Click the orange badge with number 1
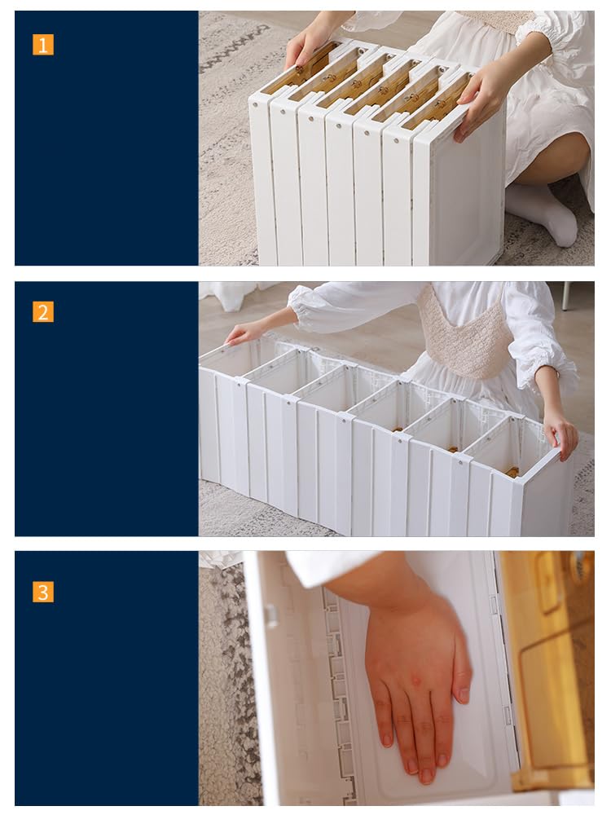point(42,45)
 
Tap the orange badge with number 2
point(42,312)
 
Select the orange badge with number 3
point(42,592)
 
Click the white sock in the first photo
point(542,212)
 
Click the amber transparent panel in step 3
point(551,671)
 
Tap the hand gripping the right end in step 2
point(561,434)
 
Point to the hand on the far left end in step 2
point(242,333)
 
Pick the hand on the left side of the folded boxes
point(306,44)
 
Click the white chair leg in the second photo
point(565,297)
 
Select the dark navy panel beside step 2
point(107,408)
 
